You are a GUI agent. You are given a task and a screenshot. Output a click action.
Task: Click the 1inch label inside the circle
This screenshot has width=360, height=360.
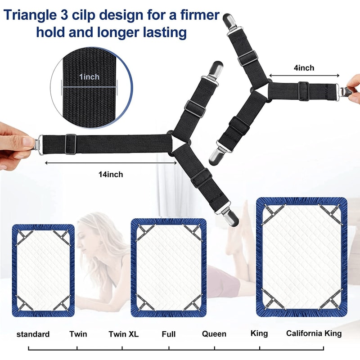click(89, 77)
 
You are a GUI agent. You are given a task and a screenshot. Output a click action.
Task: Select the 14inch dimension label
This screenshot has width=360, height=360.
click(111, 174)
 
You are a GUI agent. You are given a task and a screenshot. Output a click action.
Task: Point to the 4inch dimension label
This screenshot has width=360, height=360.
click(304, 68)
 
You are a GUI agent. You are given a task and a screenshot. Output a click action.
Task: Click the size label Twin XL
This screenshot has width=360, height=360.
click(123, 334)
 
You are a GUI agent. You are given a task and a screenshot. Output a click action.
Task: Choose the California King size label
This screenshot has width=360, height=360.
click(314, 333)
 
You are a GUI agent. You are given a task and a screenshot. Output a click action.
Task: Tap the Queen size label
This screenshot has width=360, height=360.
click(214, 334)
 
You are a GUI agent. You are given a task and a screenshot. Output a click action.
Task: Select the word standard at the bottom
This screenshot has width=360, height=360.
click(33, 334)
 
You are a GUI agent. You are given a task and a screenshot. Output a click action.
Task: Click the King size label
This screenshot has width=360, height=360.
click(259, 333)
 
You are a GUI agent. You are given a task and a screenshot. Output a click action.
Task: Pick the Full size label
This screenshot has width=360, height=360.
click(169, 334)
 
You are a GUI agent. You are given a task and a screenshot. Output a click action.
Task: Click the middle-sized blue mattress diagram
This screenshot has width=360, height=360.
click(169, 268)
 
